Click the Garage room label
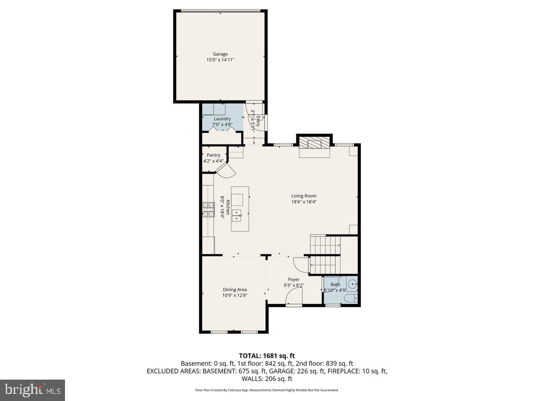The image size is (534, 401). (x=220, y=54)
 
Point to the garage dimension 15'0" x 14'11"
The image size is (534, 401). (x=220, y=60)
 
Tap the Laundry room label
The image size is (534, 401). (x=222, y=119)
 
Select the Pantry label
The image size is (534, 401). (x=213, y=155)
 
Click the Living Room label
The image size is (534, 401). (x=304, y=196)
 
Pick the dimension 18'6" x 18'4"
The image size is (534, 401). (x=304, y=201)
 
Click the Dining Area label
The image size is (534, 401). (x=235, y=290)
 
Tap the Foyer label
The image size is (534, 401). (x=294, y=279)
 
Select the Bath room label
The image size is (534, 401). (x=335, y=285)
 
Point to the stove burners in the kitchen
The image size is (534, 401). (x=208, y=209)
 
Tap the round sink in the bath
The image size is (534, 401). (x=352, y=283)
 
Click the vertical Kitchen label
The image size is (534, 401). (x=227, y=207)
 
